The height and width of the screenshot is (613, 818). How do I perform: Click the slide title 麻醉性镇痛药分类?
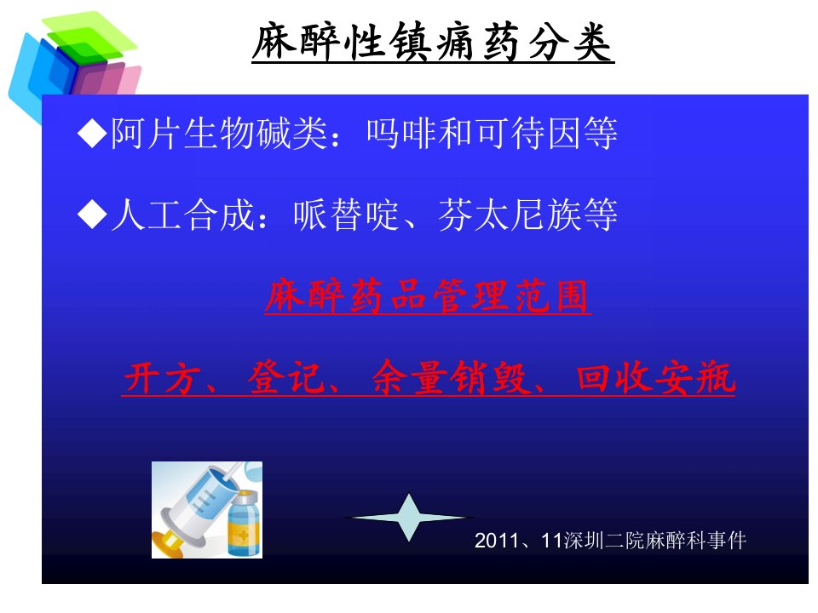433,42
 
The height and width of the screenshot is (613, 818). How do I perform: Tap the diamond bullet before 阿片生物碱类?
92,134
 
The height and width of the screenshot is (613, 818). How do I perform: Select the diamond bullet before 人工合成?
92,215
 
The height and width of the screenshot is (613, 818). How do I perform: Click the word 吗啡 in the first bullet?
401,134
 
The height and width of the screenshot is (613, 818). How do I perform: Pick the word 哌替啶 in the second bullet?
346,215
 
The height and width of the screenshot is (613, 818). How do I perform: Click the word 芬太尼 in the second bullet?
491,215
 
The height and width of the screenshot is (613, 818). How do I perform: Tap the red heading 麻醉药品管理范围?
428,296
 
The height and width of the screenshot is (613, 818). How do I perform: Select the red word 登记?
286,377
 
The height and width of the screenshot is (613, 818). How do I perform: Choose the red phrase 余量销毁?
450,377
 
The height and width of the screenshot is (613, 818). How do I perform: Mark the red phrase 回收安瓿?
655,377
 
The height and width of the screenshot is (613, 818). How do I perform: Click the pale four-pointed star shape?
409,518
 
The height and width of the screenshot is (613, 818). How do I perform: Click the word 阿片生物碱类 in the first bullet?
219,134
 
